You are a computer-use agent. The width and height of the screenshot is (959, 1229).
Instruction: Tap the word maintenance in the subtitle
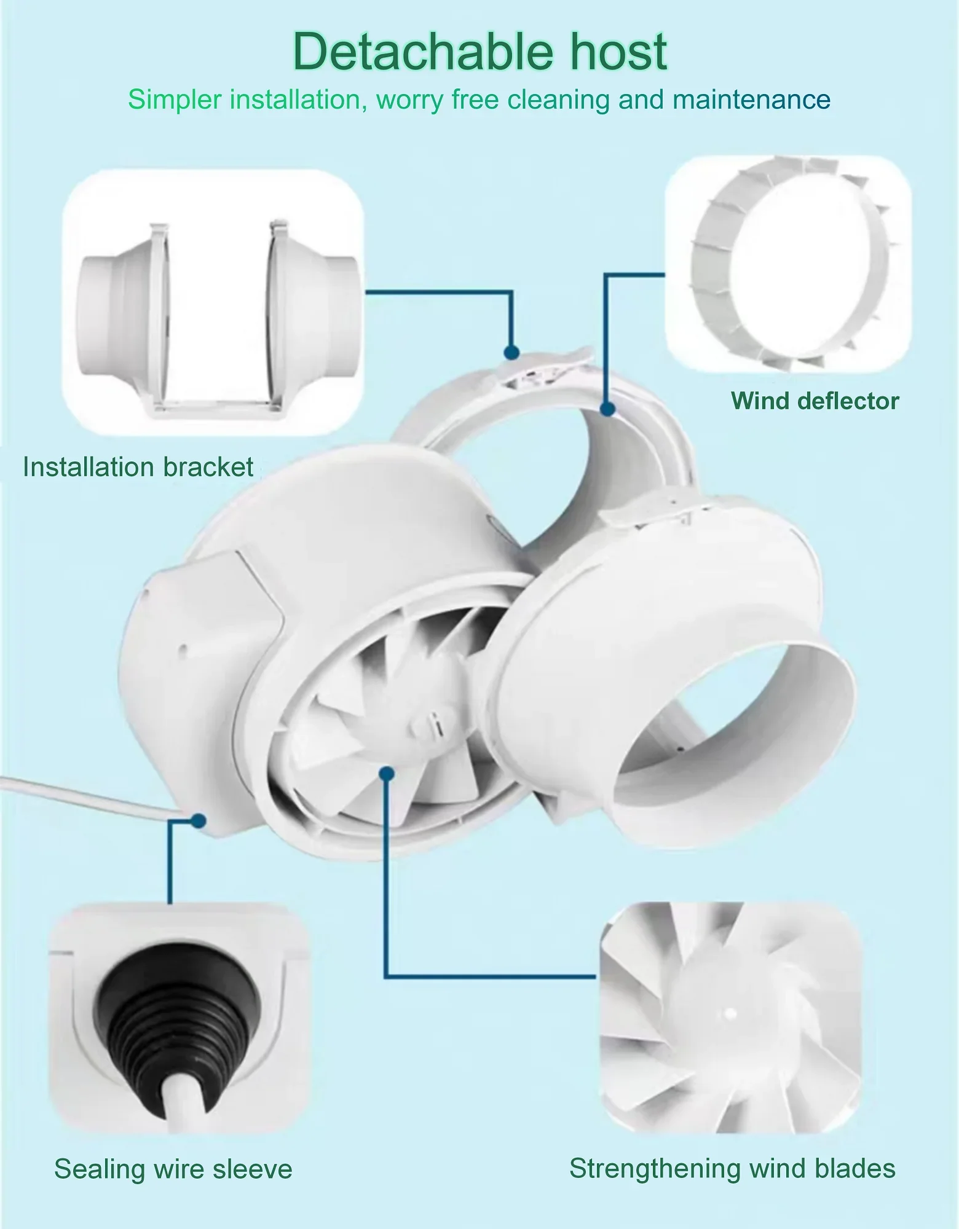[x=751, y=100]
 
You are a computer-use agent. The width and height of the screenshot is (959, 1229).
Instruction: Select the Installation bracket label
[x=138, y=467]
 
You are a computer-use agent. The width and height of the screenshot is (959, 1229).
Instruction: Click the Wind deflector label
[x=815, y=401]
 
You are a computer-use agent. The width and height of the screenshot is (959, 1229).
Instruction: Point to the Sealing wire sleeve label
[x=173, y=1169]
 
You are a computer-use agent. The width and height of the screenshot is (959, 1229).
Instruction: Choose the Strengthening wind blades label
[x=732, y=1169]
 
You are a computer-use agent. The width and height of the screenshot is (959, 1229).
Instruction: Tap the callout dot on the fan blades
[x=387, y=774]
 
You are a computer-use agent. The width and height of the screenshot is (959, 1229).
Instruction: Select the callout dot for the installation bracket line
[x=511, y=352]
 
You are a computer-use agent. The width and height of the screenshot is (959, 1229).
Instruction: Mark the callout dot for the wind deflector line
[x=608, y=409]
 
